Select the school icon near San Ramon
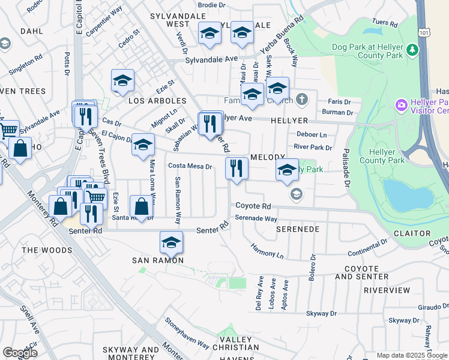pos(171,243)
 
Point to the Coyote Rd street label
pos(253,206)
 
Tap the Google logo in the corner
pos(20,352)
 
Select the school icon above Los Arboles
pos(122,81)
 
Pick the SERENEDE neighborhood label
pos(295,229)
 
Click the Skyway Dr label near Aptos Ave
pos(321,313)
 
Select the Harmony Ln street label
pos(267,251)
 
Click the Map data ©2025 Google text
pos(412,355)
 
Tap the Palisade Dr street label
pos(346,169)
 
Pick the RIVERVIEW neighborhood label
pos(387,290)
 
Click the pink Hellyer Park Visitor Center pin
pos(401,106)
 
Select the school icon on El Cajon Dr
pos(143,145)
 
